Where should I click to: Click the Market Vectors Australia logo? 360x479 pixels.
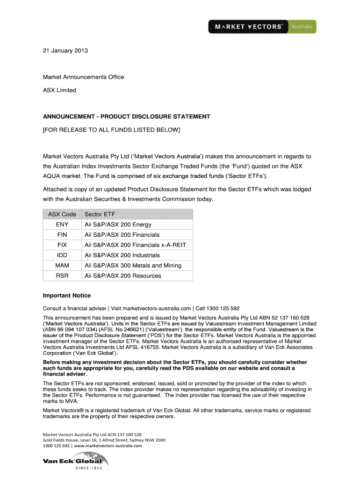(262, 27)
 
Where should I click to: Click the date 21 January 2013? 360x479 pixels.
(65, 51)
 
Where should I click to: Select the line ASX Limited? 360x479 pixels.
(59, 90)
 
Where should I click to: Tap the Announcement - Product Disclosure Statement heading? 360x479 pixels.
(127, 116)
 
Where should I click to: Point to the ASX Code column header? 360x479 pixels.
(62, 214)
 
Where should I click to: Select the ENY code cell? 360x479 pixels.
(62, 225)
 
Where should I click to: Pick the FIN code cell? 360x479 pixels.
(62, 235)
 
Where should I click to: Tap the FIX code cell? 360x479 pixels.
(62, 245)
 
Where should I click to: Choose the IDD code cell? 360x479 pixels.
(62, 255)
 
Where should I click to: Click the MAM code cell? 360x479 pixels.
(62, 266)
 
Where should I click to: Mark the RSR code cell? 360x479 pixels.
(62, 276)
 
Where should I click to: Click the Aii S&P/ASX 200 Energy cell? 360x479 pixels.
(118, 225)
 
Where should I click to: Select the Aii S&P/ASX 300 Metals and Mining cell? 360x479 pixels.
(133, 266)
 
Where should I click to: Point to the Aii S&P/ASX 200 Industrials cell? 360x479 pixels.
(122, 255)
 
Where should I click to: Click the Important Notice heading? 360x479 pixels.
(67, 296)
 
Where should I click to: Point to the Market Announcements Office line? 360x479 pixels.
(84, 77)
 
